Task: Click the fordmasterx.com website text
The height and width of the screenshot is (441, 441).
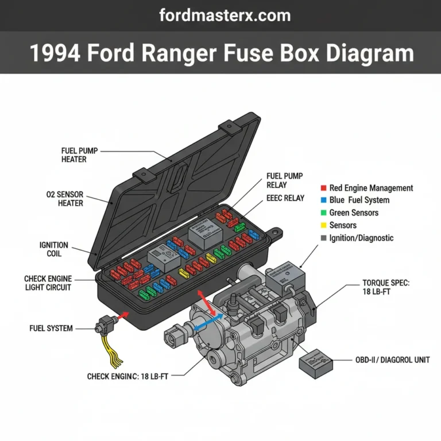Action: pos(220,15)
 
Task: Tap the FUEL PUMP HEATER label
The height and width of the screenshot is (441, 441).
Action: pos(79,155)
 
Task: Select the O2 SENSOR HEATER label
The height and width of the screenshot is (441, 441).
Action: pos(64,199)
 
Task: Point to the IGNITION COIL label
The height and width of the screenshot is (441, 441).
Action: pos(54,249)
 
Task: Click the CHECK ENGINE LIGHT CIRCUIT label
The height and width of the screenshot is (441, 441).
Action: pos(48,283)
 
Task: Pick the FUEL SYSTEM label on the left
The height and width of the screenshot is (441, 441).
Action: pos(51,328)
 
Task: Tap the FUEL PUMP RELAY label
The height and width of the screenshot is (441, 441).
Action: pos(284,180)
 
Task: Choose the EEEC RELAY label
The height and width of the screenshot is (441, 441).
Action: pos(285,198)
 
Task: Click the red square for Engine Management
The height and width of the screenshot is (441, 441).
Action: pos(324,188)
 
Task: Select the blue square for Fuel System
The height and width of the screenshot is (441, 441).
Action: pos(324,200)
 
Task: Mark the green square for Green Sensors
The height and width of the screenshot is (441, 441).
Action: pos(324,213)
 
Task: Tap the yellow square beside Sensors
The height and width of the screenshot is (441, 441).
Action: pos(324,226)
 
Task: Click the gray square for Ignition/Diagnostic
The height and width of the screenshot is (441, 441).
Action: pos(324,238)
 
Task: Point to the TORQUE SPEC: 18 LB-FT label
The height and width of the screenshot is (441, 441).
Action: pos(387,288)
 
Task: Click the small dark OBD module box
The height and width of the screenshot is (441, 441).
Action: pos(316,362)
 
